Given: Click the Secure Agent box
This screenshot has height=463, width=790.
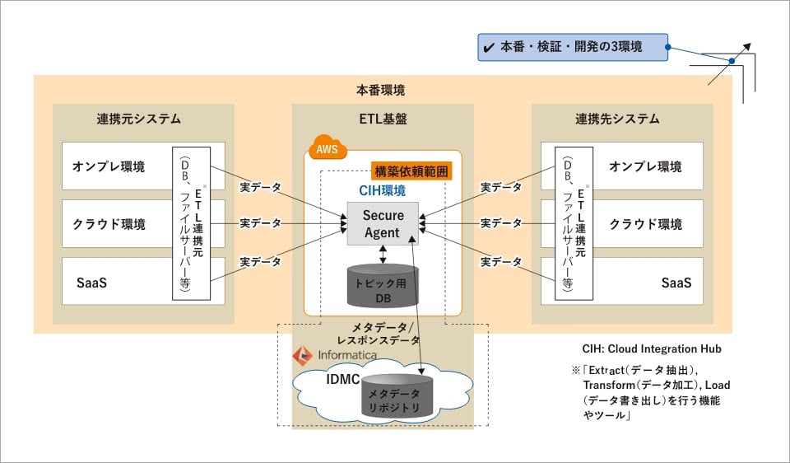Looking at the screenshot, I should tap(383, 223).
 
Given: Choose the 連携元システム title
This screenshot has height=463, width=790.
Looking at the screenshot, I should tap(138, 119).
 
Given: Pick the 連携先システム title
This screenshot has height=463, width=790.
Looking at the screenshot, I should tap(617, 119).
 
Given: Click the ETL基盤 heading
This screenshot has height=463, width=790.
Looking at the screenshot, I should tap(383, 119).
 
